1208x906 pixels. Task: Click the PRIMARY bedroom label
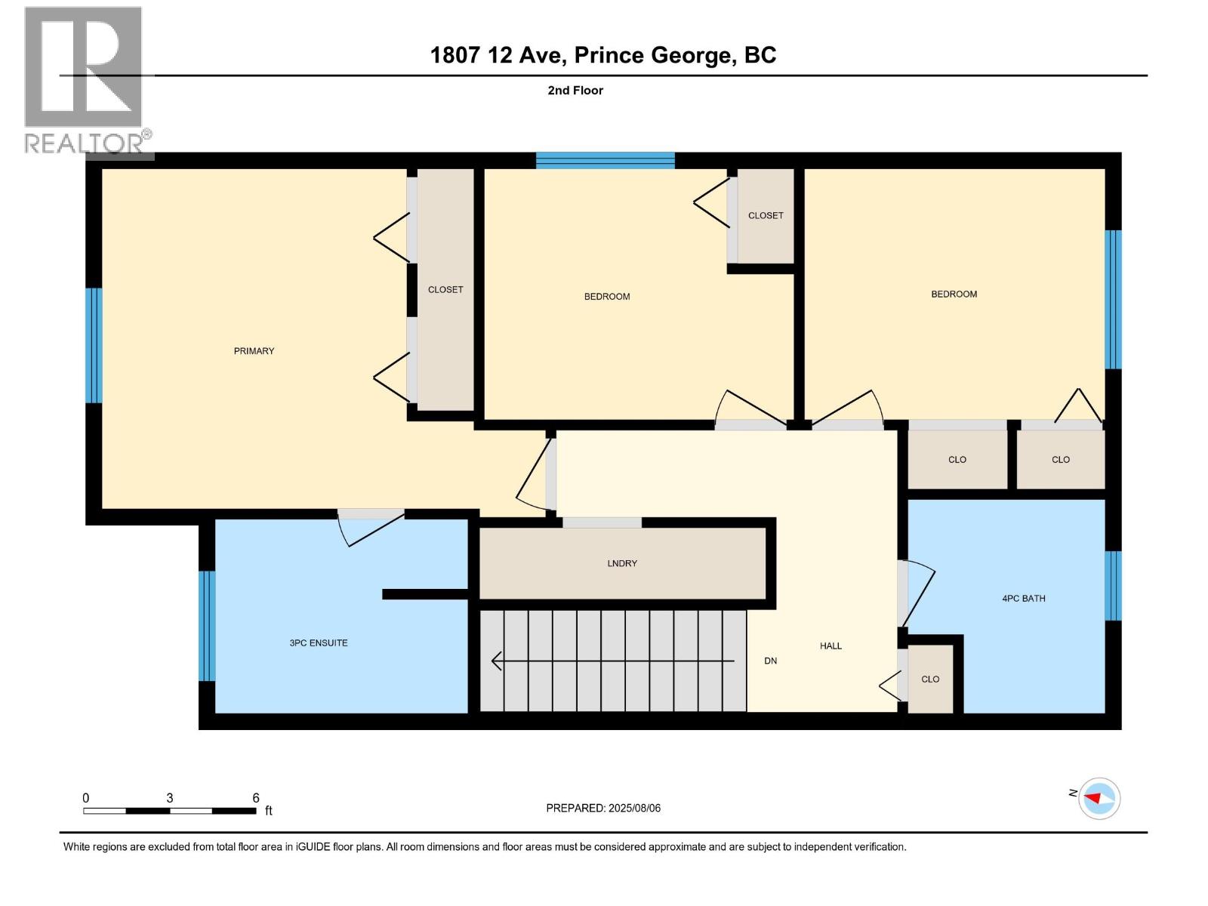click(254, 351)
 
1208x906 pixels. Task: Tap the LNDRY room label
click(622, 563)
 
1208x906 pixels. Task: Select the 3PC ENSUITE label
click(319, 643)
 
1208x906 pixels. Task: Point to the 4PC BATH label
click(1024, 599)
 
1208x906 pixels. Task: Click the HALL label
click(830, 646)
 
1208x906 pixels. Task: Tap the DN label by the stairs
click(770, 661)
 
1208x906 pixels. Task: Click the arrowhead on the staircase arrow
click(496, 661)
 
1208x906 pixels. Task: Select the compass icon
click(1099, 798)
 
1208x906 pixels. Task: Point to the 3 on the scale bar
click(170, 798)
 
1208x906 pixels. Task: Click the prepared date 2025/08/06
click(633, 809)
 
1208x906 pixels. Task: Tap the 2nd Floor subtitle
click(575, 91)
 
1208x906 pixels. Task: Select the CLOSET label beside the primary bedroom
click(445, 290)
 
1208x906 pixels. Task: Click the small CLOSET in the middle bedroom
click(766, 216)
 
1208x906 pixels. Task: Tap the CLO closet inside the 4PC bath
click(930, 679)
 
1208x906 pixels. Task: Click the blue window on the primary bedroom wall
click(94, 346)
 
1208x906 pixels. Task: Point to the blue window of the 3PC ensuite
click(207, 626)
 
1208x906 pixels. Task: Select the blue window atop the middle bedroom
click(605, 160)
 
